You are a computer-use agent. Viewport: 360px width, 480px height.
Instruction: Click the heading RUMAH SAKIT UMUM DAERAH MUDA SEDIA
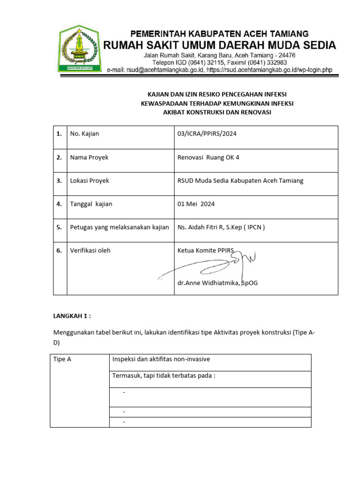point(219,45)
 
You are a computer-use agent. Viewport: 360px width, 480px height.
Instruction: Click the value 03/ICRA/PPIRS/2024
point(207,134)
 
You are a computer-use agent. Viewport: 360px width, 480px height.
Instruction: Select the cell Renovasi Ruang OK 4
point(208,157)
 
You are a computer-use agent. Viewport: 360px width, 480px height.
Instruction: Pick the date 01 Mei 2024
point(196,204)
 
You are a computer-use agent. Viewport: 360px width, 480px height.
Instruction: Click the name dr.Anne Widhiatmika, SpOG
point(217,283)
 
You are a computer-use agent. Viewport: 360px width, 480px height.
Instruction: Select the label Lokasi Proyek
point(90,180)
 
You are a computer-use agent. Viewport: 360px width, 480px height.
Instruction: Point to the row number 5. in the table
point(59,227)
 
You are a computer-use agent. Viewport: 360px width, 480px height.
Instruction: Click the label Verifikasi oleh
point(90,250)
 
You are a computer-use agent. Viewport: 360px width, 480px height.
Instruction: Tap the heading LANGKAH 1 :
point(72,316)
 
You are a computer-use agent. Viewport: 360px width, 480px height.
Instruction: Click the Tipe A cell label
point(62,360)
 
